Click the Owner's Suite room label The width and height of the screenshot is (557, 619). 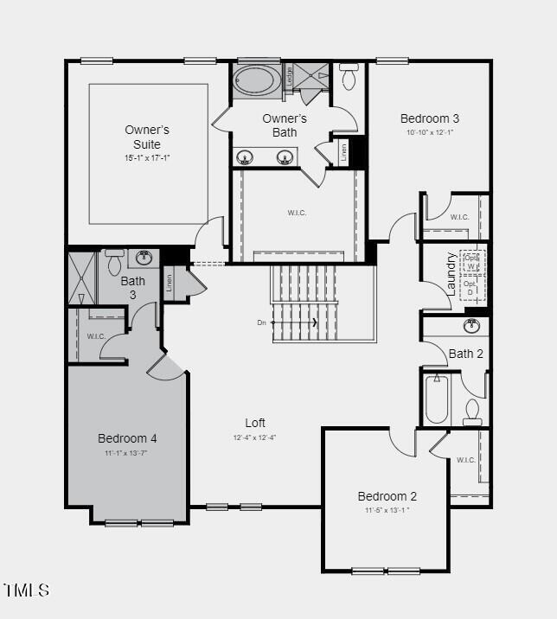coord(146,137)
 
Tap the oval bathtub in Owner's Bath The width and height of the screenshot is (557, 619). coord(256,82)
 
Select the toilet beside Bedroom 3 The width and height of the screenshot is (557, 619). coord(349,79)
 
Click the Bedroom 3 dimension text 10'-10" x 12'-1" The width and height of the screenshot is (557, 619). coord(429,132)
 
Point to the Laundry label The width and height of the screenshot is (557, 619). coord(451,273)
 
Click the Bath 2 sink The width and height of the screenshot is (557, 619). coord(471,326)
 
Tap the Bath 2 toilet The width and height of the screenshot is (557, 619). coord(472,412)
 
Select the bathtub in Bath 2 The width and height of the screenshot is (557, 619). coord(437,399)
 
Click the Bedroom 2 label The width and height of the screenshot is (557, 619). coord(387,496)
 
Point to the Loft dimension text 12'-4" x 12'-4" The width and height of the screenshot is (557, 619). coord(254,437)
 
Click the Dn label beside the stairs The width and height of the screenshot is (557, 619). coord(261,322)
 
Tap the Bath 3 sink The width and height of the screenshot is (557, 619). coord(144,258)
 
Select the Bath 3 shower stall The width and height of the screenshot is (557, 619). coord(82,277)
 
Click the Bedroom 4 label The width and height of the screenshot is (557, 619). coord(127,438)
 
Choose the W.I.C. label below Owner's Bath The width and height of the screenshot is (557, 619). coord(297,213)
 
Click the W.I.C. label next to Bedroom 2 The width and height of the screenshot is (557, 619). coord(465,460)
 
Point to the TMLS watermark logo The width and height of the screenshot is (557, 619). coord(27,590)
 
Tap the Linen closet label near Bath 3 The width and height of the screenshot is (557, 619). coord(170,281)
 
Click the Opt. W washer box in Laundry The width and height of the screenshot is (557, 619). coord(471,260)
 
